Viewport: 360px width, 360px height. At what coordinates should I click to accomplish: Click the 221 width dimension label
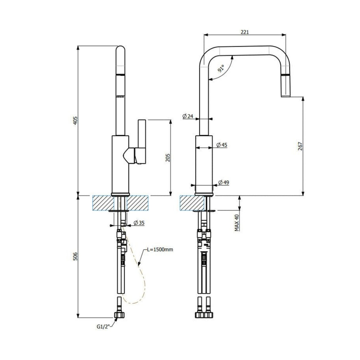click(245, 32)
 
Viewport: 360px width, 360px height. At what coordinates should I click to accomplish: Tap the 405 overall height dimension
click(75, 121)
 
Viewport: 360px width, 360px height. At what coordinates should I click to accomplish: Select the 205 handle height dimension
click(168, 157)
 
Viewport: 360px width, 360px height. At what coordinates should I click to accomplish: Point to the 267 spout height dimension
click(300, 146)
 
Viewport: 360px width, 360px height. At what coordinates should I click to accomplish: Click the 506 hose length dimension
click(75, 256)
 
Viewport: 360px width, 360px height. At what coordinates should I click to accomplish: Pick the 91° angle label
click(221, 68)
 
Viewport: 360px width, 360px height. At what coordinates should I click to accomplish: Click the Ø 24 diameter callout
click(188, 116)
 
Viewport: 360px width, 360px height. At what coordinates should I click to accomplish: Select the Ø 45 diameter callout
click(222, 144)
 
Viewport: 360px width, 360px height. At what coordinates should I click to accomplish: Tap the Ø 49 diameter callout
click(224, 182)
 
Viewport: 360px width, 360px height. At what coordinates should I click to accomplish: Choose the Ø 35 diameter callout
click(139, 223)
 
